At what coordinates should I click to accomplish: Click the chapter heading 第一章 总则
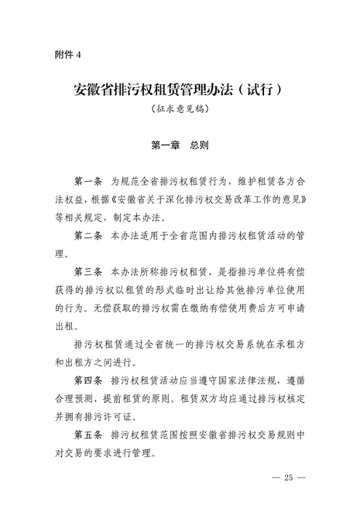(179, 145)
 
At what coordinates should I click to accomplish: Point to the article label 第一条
(89, 180)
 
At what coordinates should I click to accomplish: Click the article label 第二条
(89, 236)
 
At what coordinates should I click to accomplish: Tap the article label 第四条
(89, 380)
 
